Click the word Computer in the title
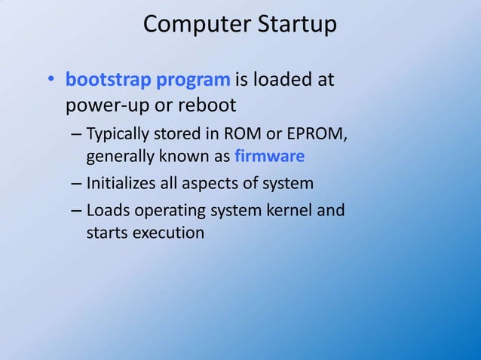[x=191, y=25]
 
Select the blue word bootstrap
[x=106, y=79]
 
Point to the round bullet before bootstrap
[x=49, y=81]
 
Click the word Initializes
[x=125, y=183]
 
